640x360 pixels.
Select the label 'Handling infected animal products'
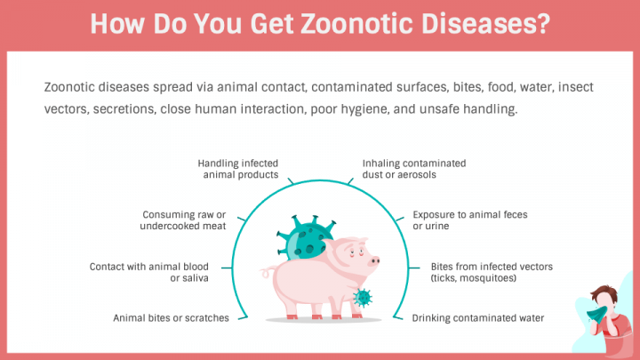click(237, 169)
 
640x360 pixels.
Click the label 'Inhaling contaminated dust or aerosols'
click(413, 169)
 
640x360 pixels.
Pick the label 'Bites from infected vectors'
click(491, 267)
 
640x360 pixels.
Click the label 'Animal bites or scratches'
click(171, 317)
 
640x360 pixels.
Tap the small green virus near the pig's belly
click(363, 296)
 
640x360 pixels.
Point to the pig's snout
click(374, 261)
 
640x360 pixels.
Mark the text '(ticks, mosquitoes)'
click(474, 278)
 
